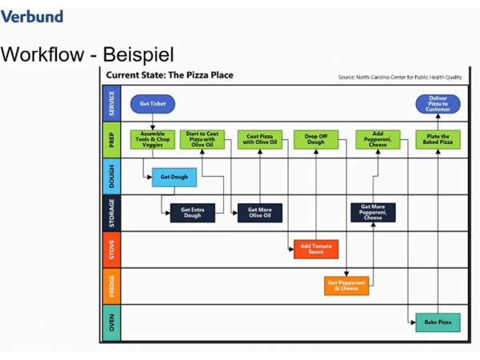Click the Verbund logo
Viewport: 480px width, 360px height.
coord(31,15)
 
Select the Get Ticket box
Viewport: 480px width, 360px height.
coord(152,103)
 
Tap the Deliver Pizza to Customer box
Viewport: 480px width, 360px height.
coord(438,103)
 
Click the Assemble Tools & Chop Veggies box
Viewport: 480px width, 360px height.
coord(152,139)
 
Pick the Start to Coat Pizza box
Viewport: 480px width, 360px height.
coord(202,139)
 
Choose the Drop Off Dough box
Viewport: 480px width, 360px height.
coord(316,139)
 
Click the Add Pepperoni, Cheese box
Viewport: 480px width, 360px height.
coord(378,139)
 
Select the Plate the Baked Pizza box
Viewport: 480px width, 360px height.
coord(438,139)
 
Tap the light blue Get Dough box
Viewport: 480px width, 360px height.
coord(174,177)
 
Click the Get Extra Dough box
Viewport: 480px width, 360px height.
coord(192,213)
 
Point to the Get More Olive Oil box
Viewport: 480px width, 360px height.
coord(259,213)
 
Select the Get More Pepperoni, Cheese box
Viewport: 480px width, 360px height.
coord(373,212)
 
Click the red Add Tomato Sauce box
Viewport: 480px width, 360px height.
coord(316,249)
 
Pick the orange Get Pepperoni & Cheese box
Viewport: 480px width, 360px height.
coord(346,286)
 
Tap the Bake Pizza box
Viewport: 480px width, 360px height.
coord(438,322)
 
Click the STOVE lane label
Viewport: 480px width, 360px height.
coord(112,249)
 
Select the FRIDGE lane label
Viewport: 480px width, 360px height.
coord(112,286)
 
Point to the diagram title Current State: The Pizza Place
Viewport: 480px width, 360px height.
coord(170,75)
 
